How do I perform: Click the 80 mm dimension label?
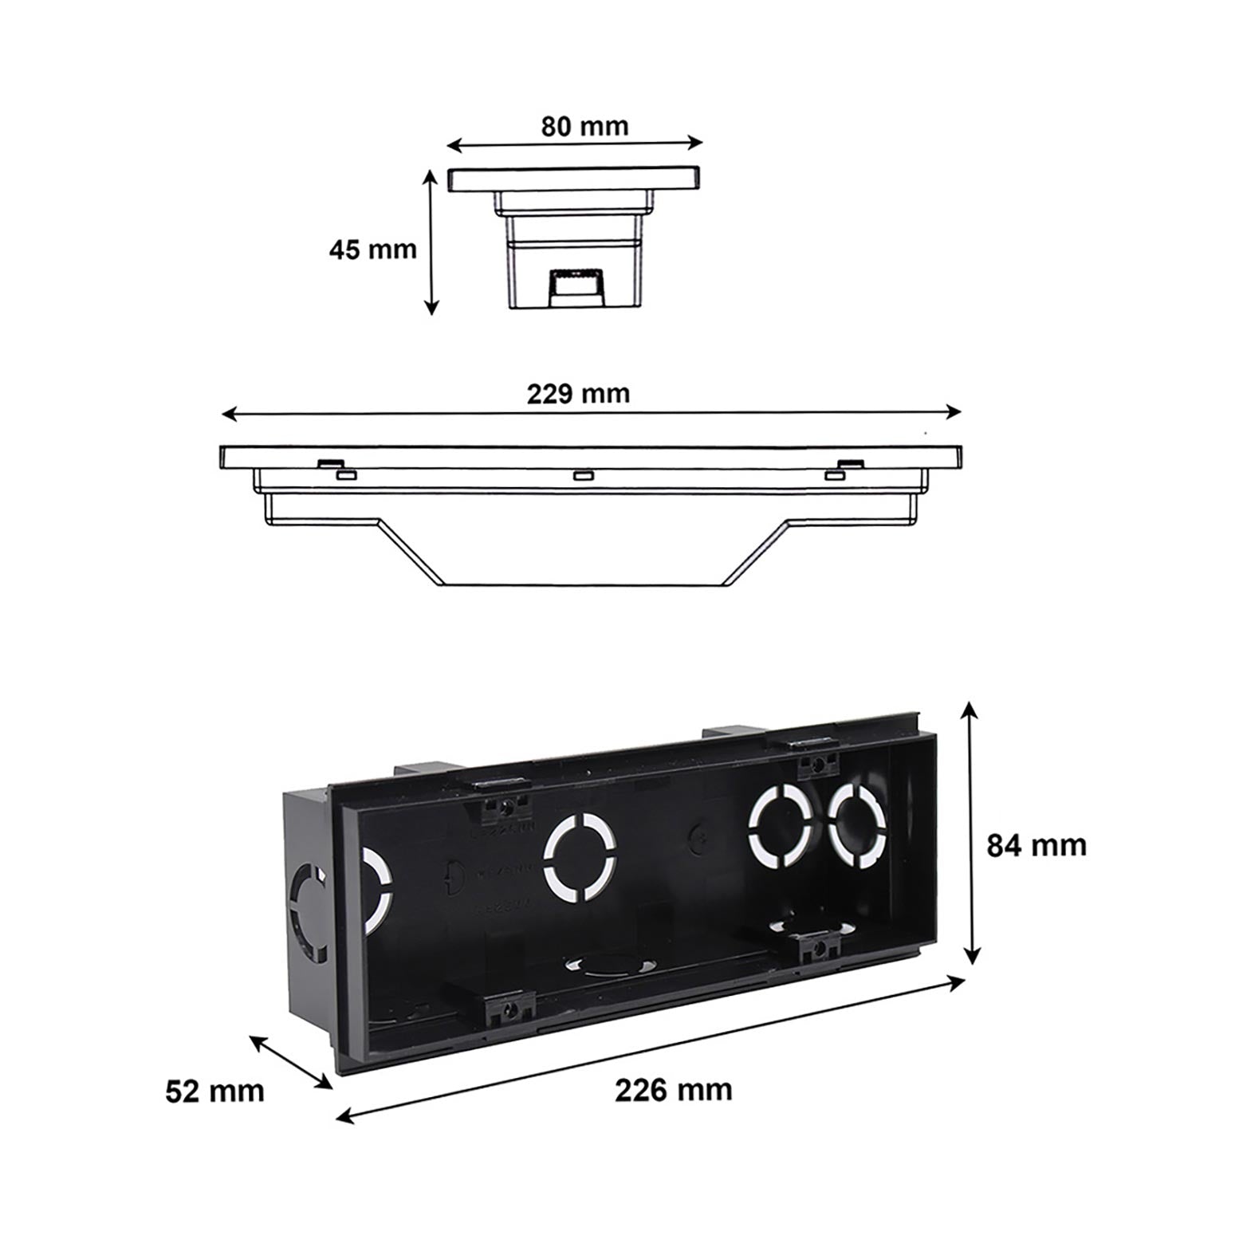pos(584,126)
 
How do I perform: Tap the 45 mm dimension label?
pos(372,250)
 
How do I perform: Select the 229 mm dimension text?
pos(578,393)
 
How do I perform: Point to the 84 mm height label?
pos(1036,845)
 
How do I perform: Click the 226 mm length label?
pos(673,1090)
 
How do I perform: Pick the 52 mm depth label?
pos(214,1091)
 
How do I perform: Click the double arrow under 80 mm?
pos(574,144)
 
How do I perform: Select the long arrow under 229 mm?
pos(591,413)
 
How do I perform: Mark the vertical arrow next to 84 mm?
pos(970,832)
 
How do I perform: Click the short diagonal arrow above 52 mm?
pos(291,1061)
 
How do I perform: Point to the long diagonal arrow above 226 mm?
pos(650,1050)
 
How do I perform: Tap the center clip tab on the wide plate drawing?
pos(583,476)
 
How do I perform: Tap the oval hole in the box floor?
pos(604,964)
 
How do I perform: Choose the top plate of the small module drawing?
pos(574,179)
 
